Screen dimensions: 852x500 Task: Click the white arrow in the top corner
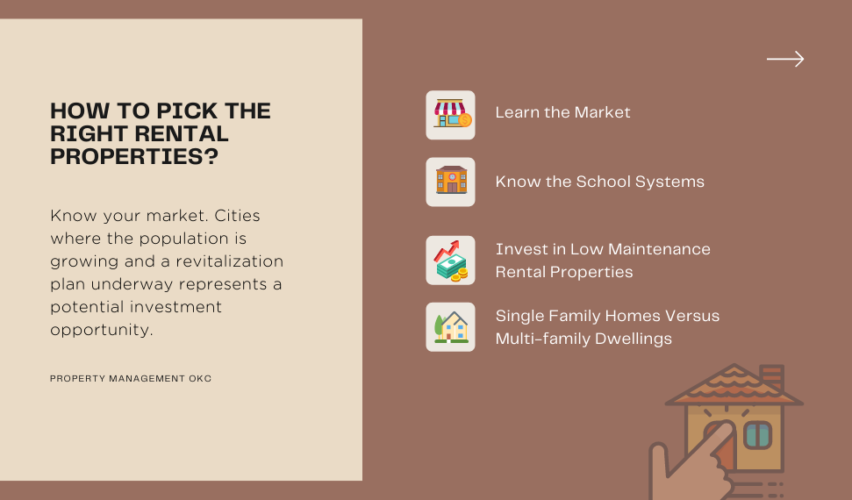coord(785,59)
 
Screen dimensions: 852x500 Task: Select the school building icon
coord(451,180)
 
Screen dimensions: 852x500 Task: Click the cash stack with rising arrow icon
coord(450,261)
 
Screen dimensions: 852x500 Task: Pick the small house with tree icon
coord(451,327)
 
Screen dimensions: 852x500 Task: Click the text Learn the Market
coord(562,112)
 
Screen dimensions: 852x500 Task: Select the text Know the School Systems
coord(599,182)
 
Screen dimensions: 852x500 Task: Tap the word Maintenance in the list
coord(659,249)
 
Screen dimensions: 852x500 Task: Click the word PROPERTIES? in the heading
coord(134,156)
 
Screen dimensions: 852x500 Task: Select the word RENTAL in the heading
coord(182,133)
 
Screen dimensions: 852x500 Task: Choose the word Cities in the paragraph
coord(237,216)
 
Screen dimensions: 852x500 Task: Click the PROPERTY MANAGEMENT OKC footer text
coord(131,378)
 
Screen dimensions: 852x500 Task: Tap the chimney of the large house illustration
coord(771,376)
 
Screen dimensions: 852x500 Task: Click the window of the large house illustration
coord(757,434)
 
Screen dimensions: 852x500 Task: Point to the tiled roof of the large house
coord(734,385)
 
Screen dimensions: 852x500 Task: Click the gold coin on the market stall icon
coord(465,120)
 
